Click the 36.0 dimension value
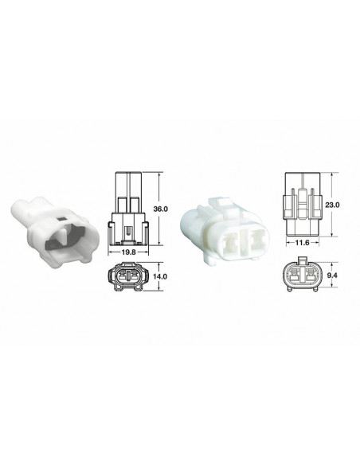tap(160, 208)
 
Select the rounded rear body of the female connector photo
tap(196, 219)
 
